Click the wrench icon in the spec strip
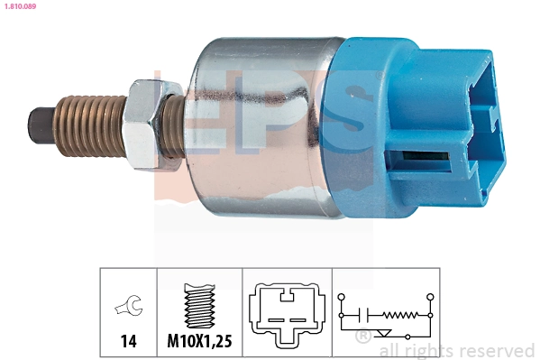pos(127,309)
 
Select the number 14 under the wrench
pos(128,341)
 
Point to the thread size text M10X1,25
pos(200,341)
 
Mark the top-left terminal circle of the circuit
pos(341,296)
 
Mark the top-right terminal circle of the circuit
pos(431,296)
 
